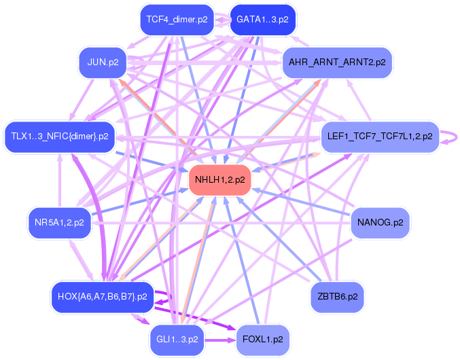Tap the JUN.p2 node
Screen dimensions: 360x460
pyautogui.click(x=103, y=62)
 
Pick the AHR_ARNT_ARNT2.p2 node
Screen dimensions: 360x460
pyautogui.click(x=337, y=62)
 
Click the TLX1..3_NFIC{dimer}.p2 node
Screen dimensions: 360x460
pyautogui.click(x=60, y=137)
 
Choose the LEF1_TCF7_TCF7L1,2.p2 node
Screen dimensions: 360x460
pyautogui.click(x=379, y=137)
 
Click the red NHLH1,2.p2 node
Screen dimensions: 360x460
pyautogui.click(x=219, y=180)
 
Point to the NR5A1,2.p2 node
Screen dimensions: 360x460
pyautogui.click(x=60, y=222)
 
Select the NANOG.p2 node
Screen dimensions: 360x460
pyautogui.click(x=380, y=222)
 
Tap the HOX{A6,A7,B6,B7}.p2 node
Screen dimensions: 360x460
pyautogui.click(x=102, y=296)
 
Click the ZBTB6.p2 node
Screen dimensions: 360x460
pyautogui.click(x=337, y=296)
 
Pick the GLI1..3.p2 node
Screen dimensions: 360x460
pyautogui.click(x=177, y=339)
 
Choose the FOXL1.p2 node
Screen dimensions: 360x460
pyautogui.click(x=262, y=339)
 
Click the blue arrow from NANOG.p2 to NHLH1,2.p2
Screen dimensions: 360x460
pyautogui.click(x=306, y=203)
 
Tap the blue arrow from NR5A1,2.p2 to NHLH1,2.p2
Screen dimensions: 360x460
pyautogui.click(x=136, y=202)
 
